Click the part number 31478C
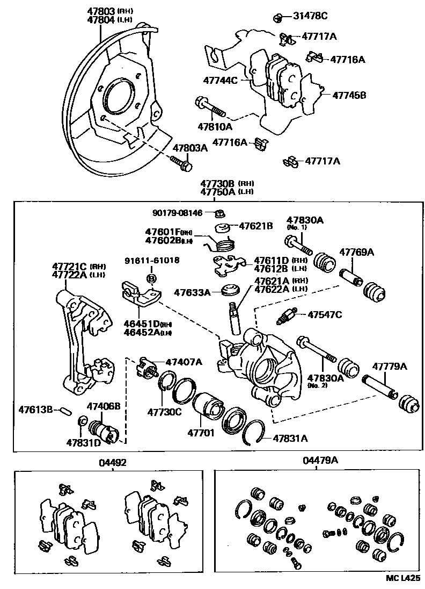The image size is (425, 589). tap(309, 16)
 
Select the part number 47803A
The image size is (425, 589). tap(189, 148)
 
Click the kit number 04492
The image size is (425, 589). tap(112, 461)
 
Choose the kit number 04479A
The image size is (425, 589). tap(320, 460)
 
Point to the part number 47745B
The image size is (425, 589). tap(349, 95)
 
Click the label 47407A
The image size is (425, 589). tap(184, 362)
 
